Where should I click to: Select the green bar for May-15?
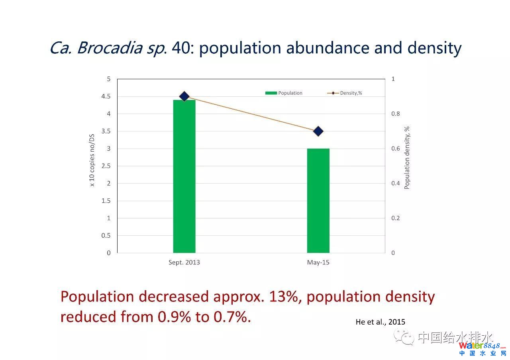coord(318,201)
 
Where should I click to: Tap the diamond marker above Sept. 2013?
coord(184,96)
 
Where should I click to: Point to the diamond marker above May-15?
coord(318,131)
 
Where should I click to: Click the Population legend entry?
coord(284,93)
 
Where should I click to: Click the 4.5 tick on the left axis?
coord(106,96)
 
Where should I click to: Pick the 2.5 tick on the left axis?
coord(106,166)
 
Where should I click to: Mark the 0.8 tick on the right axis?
coord(395,114)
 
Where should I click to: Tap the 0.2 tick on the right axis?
coord(395,218)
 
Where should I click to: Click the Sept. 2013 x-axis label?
coord(184,262)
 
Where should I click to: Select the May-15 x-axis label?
coord(318,262)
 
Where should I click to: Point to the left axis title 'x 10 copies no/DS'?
coord(92,160)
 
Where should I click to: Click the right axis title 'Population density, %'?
coord(407,158)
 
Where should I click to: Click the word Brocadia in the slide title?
coord(109,48)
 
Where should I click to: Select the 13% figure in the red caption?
coord(284,297)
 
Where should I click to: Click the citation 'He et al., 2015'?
coord(380,322)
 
